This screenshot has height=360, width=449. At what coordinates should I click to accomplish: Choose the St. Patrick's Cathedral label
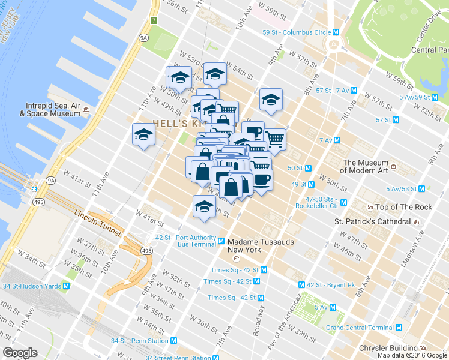coord(372,221)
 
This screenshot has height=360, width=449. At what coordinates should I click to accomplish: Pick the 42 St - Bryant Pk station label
coord(331,284)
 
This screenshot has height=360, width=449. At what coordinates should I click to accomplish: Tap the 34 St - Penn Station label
coord(139,341)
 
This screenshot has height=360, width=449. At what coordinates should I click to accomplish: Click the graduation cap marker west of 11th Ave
coord(144,134)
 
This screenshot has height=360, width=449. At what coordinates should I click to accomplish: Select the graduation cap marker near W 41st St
coord(204,206)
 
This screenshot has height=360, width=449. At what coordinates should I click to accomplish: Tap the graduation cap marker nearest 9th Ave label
coord(271,100)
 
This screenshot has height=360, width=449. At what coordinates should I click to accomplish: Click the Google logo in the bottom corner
coord(20,353)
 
